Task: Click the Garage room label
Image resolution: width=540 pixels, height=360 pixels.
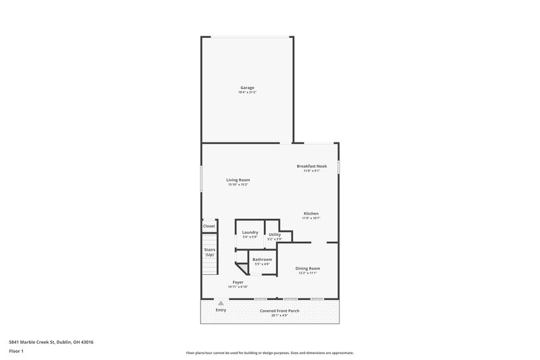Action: tap(247, 87)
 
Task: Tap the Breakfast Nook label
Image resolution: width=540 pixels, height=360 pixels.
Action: tap(311, 166)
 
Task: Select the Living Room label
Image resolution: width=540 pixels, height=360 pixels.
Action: tap(238, 180)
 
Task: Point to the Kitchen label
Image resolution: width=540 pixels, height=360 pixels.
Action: tap(310, 213)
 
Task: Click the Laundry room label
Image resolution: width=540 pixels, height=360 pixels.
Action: tap(250, 232)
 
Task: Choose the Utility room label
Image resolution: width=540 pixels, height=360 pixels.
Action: tap(274, 234)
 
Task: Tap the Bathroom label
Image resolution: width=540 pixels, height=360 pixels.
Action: tap(262, 259)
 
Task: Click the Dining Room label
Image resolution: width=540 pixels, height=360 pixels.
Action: tap(308, 268)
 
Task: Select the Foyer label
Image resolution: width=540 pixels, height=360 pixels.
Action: tap(238, 282)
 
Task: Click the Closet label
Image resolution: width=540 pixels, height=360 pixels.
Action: tap(209, 226)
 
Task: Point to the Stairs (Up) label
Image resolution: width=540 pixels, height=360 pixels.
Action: tap(209, 252)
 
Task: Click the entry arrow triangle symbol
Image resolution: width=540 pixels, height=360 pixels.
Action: tap(220, 304)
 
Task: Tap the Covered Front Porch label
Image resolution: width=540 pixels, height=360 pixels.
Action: tap(279, 311)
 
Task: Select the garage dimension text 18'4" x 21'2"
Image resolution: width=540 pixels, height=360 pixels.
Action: tap(247, 92)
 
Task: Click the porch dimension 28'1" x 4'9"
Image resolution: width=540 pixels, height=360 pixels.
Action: tap(279, 315)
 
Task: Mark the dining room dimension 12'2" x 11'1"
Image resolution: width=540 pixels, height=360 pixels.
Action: tap(308, 273)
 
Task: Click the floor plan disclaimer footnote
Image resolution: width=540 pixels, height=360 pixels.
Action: tap(269, 353)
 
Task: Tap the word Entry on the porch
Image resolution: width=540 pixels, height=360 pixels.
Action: tap(221, 310)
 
